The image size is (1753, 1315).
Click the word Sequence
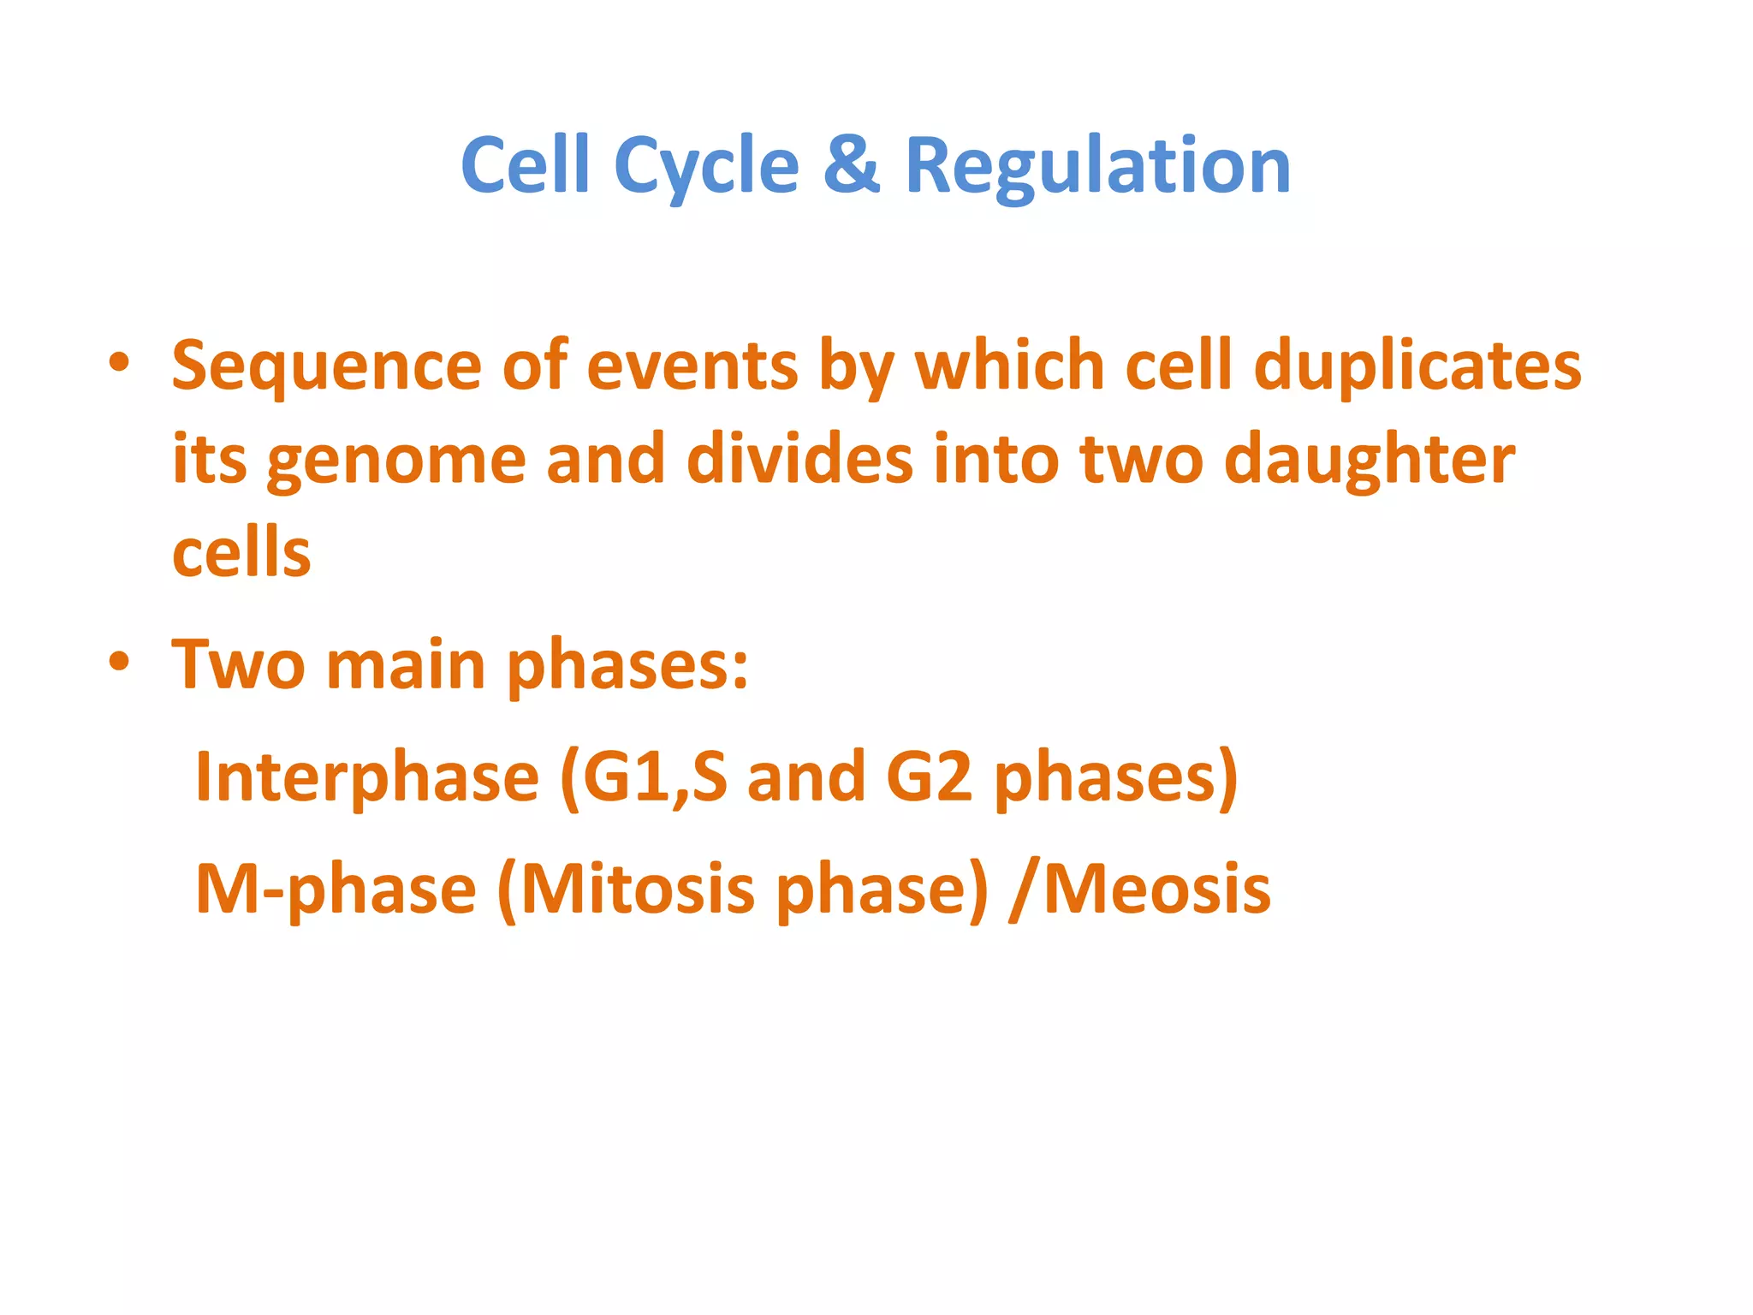326,366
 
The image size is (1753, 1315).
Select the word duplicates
1417,366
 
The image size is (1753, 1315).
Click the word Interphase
367,777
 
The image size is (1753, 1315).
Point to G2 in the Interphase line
929,777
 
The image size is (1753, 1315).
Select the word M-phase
336,890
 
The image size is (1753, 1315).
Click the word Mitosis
638,890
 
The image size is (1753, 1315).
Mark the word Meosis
1156,890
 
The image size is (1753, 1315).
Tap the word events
692,366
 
